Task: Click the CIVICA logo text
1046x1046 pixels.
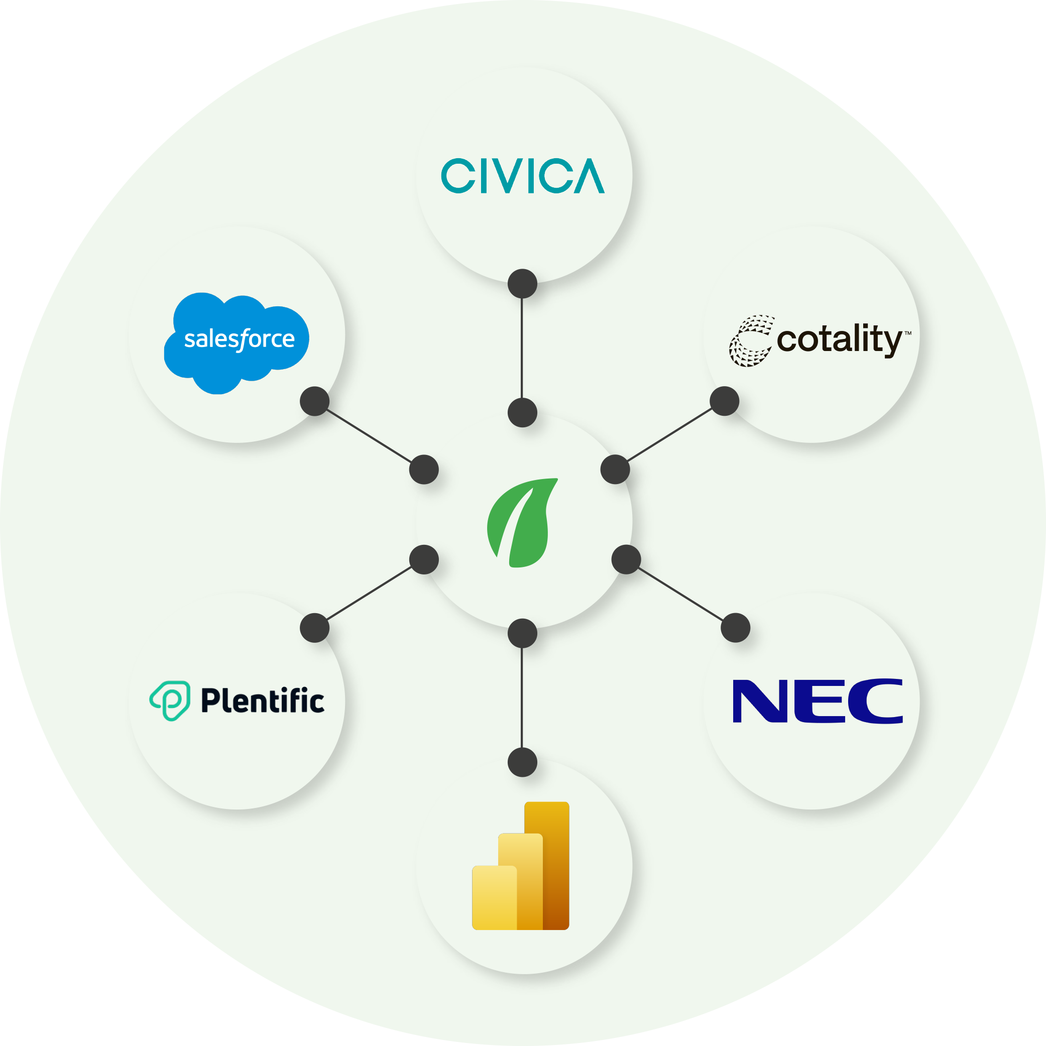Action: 522,176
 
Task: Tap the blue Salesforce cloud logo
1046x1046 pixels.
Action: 237,341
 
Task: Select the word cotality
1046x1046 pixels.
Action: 839,340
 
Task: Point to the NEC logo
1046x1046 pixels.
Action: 817,701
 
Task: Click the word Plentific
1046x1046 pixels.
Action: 263,701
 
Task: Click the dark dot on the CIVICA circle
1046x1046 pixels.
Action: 522,284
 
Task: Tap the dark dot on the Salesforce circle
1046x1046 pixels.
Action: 314,401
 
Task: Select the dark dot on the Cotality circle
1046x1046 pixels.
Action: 725,401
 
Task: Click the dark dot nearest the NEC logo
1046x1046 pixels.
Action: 736,628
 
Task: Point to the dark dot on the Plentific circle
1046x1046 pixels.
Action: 314,628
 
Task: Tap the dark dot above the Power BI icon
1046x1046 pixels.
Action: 522,762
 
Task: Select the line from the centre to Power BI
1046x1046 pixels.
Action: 522,699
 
